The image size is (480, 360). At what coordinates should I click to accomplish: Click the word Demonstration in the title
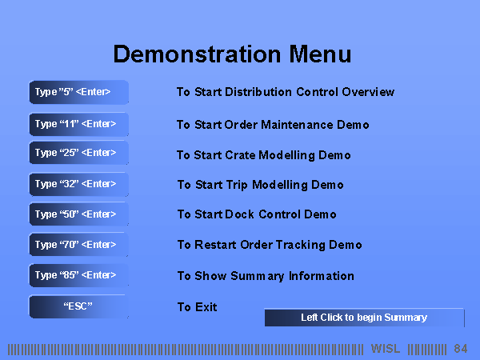tap(197, 54)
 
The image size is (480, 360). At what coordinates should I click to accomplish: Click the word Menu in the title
tap(320, 54)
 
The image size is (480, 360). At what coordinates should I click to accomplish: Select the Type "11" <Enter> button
tap(78, 124)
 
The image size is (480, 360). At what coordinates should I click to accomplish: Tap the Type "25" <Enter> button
tap(78, 153)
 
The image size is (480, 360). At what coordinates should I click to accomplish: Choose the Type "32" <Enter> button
tap(78, 184)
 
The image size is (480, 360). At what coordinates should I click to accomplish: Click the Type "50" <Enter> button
tap(78, 214)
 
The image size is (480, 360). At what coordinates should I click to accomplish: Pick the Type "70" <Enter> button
tap(78, 245)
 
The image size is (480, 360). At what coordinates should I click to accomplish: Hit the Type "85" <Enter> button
tap(78, 275)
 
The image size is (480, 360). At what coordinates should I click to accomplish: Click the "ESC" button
tap(78, 306)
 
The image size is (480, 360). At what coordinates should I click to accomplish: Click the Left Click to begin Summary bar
tap(364, 318)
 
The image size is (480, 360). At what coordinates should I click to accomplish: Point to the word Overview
tap(368, 92)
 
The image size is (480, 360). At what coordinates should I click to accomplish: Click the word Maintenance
tap(297, 125)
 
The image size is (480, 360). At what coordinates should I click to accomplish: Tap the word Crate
tap(240, 155)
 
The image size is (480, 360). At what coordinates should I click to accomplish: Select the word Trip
tap(237, 186)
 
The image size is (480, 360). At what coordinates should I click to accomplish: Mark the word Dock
tap(239, 214)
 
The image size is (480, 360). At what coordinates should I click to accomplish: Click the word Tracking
tap(300, 245)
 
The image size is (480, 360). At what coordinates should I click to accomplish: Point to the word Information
tap(322, 276)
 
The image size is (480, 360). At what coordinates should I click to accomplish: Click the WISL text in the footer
tap(386, 349)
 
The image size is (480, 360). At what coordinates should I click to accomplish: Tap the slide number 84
tap(461, 349)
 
